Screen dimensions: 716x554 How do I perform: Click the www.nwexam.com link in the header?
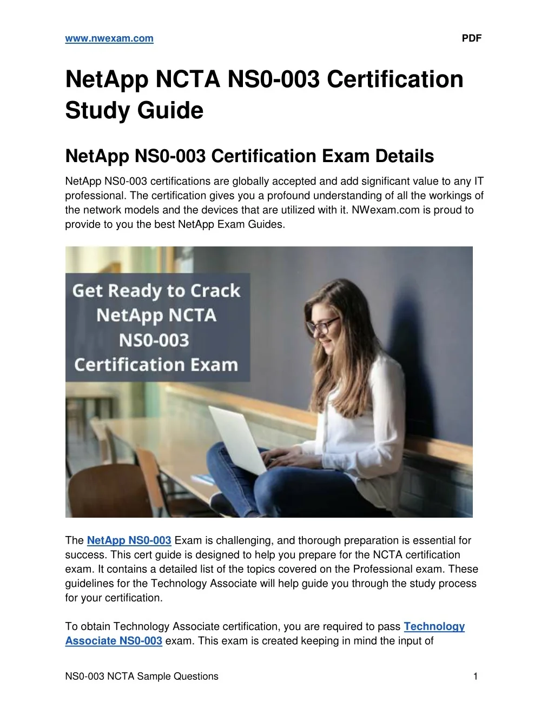109,39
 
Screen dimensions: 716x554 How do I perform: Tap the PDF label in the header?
471,38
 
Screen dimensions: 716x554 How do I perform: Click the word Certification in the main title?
395,79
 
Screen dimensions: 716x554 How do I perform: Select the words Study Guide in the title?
134,111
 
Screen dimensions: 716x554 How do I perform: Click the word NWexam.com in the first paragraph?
385,210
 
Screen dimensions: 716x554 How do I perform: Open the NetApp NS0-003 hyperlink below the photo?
129,540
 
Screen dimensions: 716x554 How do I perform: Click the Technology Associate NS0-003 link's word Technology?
434,626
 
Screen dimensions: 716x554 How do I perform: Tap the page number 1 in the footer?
475,676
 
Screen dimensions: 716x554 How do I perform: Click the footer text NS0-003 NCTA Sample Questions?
142,676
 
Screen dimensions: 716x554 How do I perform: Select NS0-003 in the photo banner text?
154,340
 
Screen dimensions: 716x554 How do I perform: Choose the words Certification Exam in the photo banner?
156,365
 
